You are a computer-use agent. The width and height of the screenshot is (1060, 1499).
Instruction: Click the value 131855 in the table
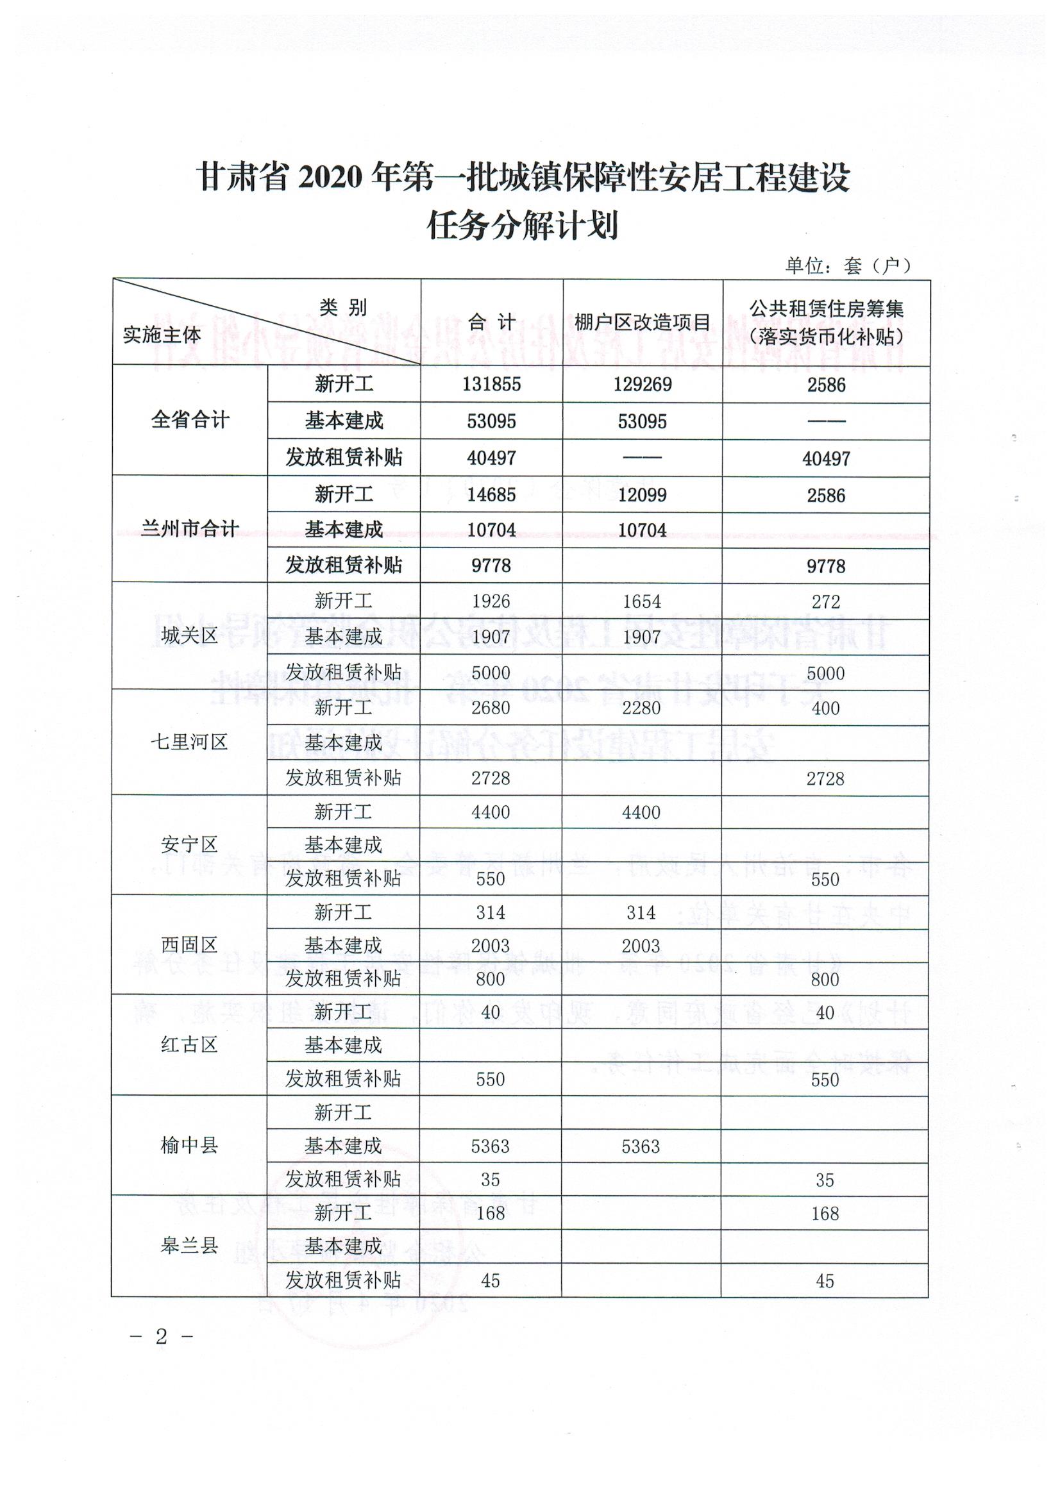491,384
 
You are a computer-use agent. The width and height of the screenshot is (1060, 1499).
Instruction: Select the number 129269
642,384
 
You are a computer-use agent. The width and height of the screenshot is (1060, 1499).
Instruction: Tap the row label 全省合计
190,420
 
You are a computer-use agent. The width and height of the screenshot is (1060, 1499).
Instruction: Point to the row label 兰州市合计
190,528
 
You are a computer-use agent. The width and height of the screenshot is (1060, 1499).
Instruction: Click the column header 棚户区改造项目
642,322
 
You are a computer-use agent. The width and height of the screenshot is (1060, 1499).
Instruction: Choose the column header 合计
491,322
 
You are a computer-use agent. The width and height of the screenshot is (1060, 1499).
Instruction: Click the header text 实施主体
162,335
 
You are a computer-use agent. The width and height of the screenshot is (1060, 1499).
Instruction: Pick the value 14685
491,495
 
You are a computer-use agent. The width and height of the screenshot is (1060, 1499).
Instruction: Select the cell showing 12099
642,495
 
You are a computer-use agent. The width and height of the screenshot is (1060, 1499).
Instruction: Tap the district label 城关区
189,635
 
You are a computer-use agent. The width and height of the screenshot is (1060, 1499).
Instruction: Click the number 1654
641,601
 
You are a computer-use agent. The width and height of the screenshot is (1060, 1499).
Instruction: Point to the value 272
825,601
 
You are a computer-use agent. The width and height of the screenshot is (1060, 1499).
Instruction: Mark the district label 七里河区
189,742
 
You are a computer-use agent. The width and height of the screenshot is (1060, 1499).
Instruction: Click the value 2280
641,708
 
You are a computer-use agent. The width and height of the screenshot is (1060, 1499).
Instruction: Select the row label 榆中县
189,1145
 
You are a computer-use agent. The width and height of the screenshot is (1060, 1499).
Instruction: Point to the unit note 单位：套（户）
847,265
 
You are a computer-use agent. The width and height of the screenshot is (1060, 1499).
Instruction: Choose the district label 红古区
189,1044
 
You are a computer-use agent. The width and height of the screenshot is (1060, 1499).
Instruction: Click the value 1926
491,601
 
